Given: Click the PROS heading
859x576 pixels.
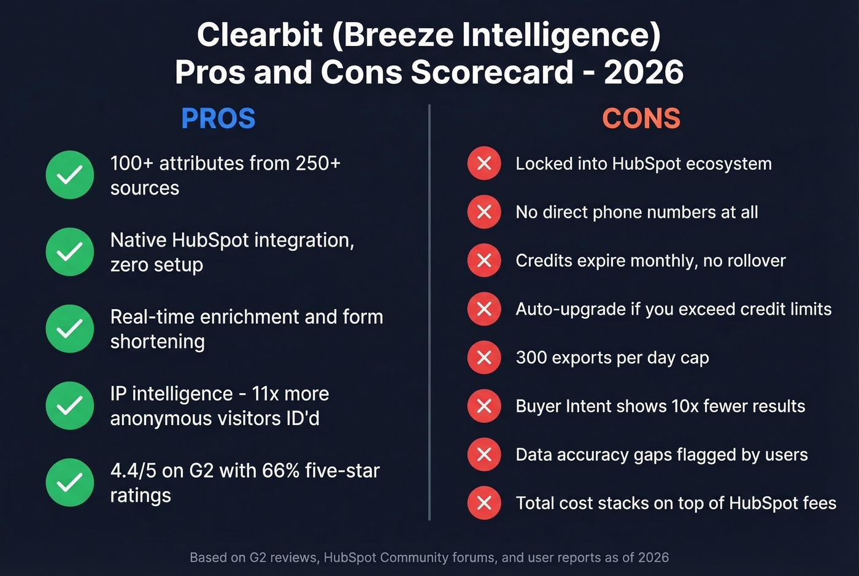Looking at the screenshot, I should click(218, 118).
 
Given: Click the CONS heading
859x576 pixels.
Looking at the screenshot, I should click(641, 118).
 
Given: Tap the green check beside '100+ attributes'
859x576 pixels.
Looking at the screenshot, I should click(70, 175).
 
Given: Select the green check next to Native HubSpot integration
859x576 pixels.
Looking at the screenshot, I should click(70, 252).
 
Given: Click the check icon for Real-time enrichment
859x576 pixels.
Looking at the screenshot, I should click(70, 329).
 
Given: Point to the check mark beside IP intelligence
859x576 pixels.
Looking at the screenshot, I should click(70, 405).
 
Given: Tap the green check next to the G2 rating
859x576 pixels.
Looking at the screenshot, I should click(70, 482).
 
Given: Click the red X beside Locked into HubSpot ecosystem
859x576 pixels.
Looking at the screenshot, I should click(484, 163).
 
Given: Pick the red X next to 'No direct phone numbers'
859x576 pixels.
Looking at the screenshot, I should click(484, 212).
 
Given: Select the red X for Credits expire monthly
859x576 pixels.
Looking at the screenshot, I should click(484, 260).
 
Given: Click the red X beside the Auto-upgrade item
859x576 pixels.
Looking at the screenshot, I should click(484, 309).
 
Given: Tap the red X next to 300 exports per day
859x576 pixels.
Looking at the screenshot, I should click(484, 357).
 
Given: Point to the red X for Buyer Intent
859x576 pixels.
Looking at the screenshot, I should click(484, 405).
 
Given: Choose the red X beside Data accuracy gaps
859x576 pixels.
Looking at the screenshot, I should click(484, 454).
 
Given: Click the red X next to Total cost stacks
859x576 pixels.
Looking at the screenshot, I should click(484, 503).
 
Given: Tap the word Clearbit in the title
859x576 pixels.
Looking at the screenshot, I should click(260, 34).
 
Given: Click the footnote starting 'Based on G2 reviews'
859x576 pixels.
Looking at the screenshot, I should click(429, 558).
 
